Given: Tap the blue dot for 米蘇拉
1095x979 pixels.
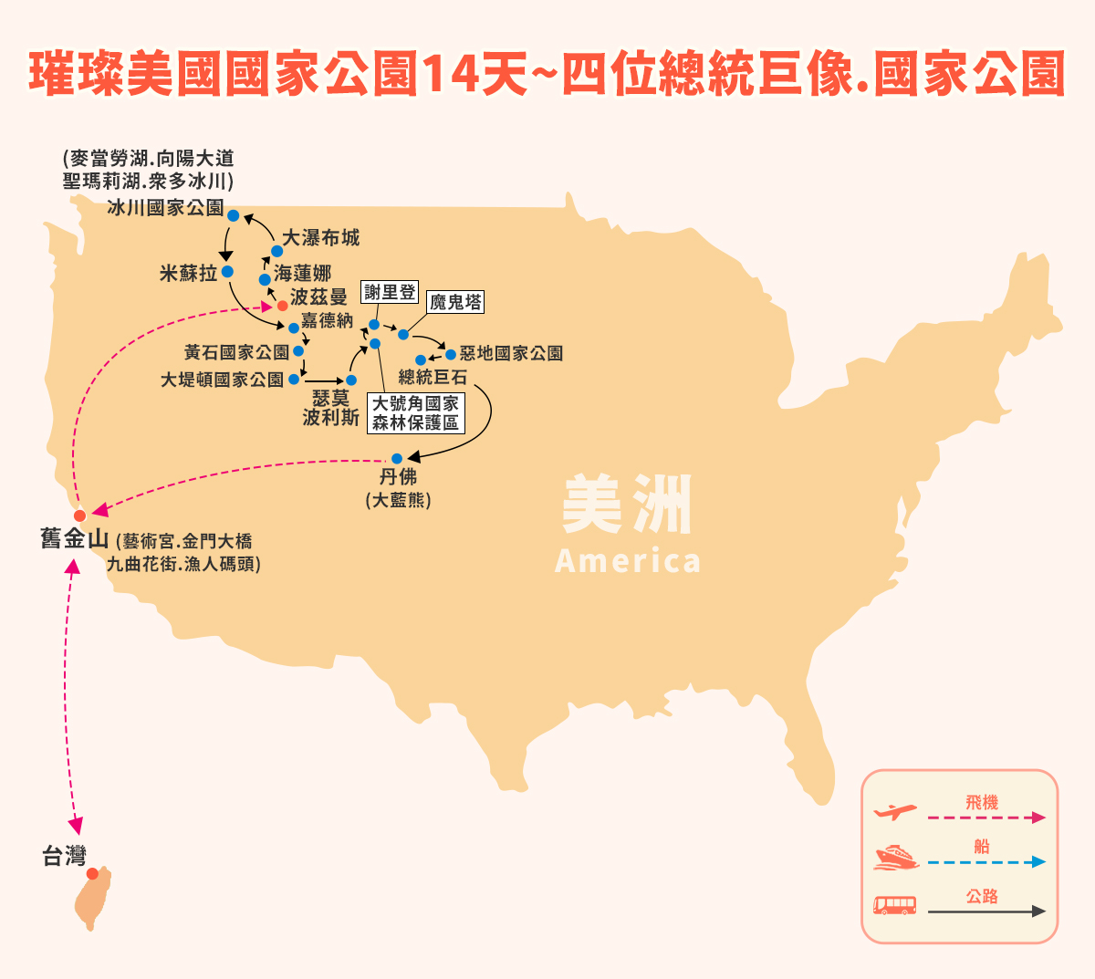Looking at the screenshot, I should pos(227,272).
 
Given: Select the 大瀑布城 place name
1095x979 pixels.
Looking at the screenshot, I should pos(320,238).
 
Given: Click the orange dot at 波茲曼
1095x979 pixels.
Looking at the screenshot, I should pos(283,306).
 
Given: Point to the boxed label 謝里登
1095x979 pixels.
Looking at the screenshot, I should pos(390,293).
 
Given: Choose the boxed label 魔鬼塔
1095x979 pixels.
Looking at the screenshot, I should pos(455,302).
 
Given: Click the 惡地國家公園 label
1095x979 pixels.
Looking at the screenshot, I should pos(511,354).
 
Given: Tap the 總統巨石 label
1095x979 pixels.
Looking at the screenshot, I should pos(433,377).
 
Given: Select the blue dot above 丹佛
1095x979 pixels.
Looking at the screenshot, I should pos(397,459).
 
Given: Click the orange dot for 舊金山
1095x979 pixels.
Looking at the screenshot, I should pos(80,516).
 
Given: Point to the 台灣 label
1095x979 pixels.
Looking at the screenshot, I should pos(64,856).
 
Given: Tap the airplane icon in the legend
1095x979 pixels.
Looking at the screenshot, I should pos(894,812).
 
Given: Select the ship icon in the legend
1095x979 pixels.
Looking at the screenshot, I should pos(895,857).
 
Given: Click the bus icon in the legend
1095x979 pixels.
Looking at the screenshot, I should pos(894,905).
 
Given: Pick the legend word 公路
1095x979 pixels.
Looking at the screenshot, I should pos(982,896).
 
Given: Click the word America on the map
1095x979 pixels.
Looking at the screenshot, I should pos(628,561).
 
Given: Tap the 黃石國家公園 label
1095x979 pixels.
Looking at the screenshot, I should pos(236,352).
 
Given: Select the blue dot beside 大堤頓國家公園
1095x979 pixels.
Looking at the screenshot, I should pos(294,379).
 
